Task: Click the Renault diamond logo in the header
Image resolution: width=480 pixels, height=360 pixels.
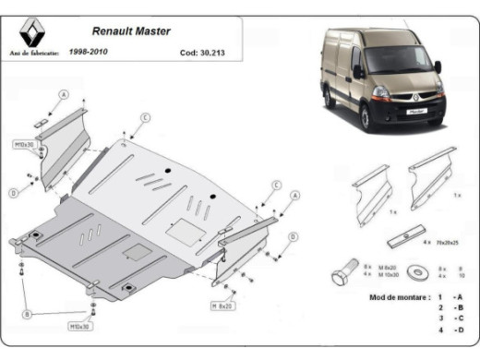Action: [x=31, y=34]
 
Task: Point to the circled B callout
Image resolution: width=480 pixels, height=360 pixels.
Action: [x=27, y=314]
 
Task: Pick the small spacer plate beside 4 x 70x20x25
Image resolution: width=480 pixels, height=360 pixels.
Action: [x=402, y=239]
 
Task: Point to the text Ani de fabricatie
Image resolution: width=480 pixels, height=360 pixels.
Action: [x=33, y=53]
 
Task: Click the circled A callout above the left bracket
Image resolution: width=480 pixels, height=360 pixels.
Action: [x=64, y=94]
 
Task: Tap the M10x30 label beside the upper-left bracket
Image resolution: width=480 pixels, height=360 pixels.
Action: [x=25, y=145]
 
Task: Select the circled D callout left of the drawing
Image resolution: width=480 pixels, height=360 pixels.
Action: [x=14, y=193]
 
